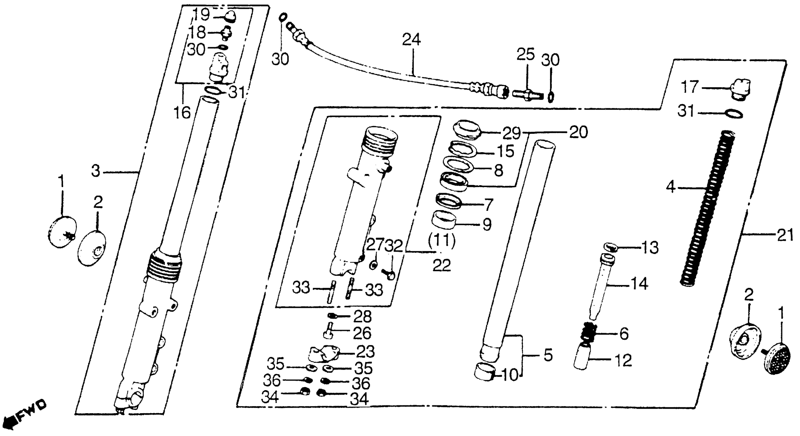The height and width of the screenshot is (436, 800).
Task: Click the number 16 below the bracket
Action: tap(182, 112)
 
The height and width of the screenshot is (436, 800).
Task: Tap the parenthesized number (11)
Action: tap(441, 240)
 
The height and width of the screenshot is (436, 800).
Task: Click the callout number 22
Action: tap(441, 265)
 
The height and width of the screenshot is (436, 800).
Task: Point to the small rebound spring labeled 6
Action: tap(587, 334)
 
